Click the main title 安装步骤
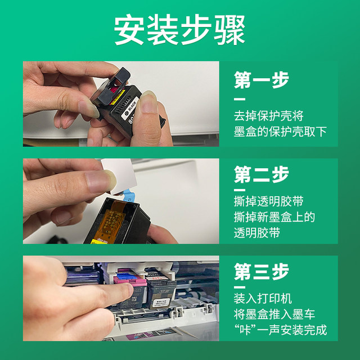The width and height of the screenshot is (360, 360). point(179,29)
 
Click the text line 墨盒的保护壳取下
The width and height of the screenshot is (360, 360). point(280,133)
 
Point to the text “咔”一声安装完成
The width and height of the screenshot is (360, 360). point(280,330)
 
